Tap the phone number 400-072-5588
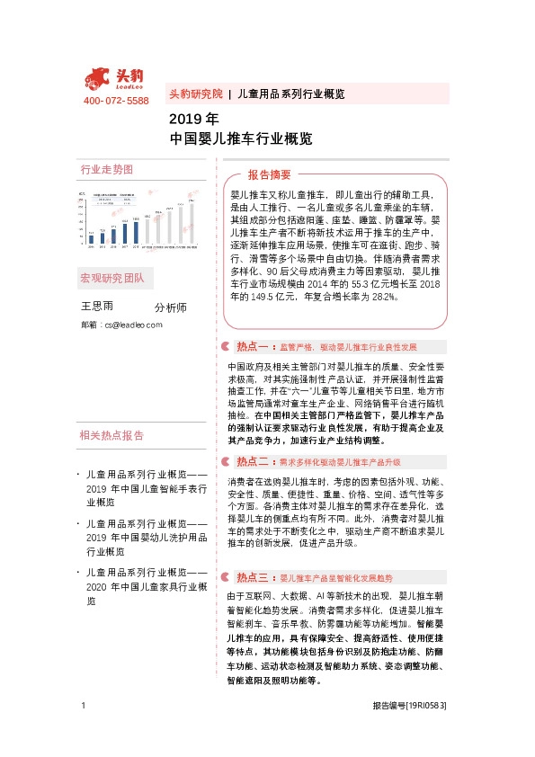coord(116,101)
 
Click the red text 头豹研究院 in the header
coord(195,94)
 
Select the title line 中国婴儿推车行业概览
coord(241,139)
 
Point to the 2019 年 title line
coord(193,120)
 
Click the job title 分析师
coord(170,307)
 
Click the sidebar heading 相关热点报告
coord(111,436)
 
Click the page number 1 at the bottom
coord(83,706)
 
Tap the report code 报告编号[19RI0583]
coord(409,706)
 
